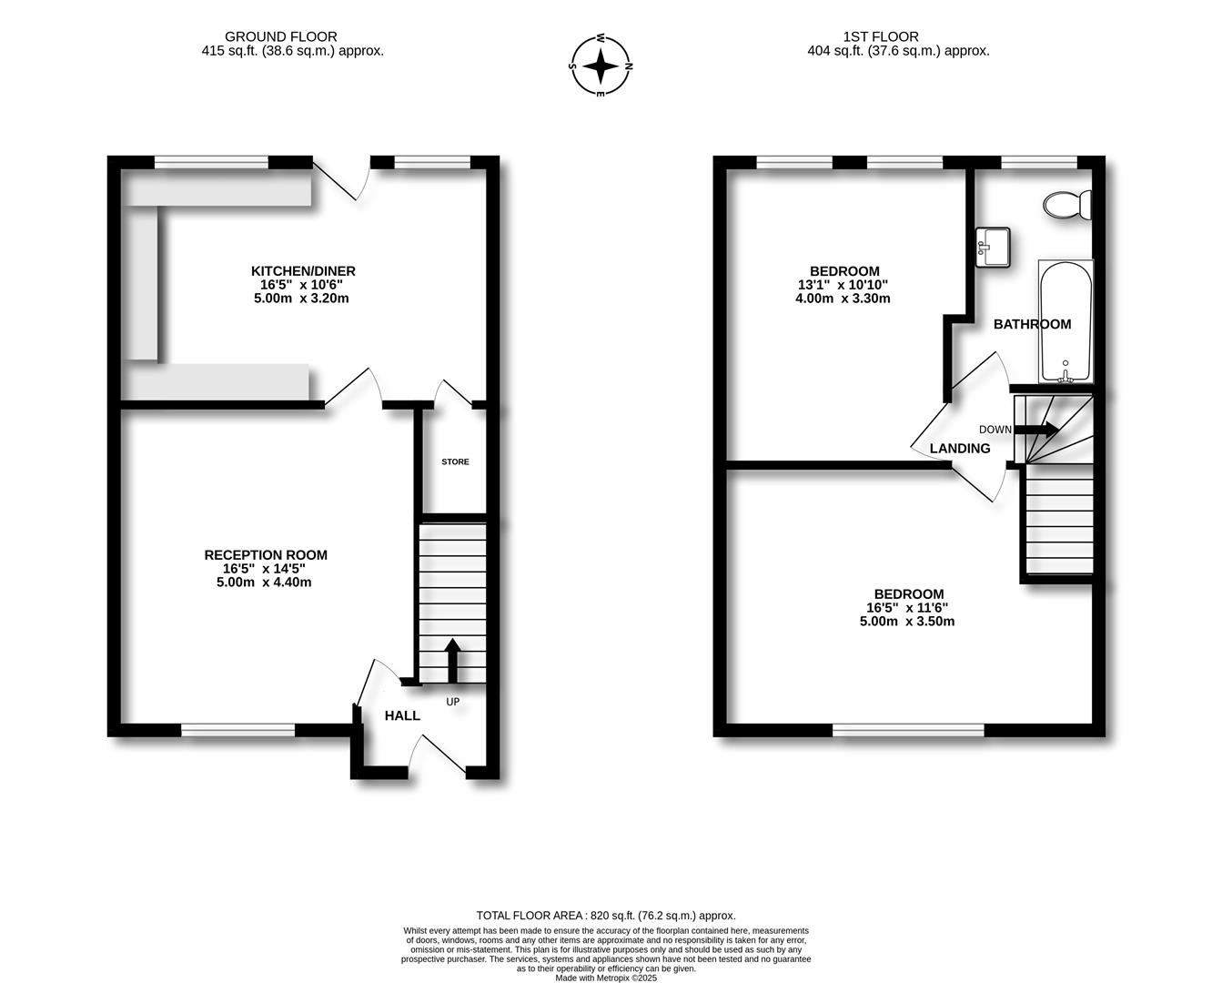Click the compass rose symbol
coord(601,66)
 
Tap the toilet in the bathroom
coord(1067,205)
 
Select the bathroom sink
coord(993,247)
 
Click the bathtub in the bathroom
coord(1066,321)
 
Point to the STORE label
coord(455,461)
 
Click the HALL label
coord(402,716)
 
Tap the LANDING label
coord(960,449)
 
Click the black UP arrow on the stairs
coord(452,660)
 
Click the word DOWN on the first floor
coord(995,430)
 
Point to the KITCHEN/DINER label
coord(303,271)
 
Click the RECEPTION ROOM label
coord(266,555)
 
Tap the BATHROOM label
coord(1032,324)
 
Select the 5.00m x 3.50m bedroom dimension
coord(907,622)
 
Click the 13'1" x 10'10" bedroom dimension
coord(843,285)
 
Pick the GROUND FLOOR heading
coord(281,37)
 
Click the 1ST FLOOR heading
coord(881,37)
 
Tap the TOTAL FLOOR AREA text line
coord(606,916)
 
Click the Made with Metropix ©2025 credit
coord(606,978)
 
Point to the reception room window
coord(238,730)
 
